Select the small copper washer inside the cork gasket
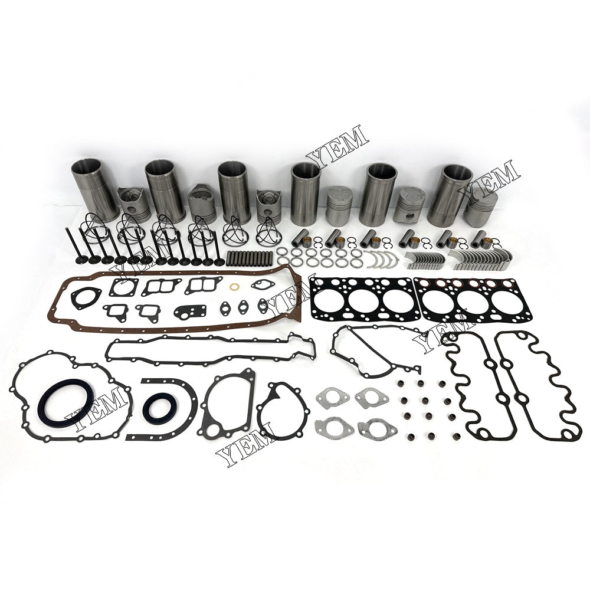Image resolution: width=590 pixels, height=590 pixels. (x=234, y=287)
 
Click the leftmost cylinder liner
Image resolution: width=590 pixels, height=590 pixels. (x=91, y=190)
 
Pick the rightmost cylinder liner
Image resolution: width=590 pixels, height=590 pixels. (x=450, y=196)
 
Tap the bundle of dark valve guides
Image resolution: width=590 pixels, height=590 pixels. (x=249, y=258)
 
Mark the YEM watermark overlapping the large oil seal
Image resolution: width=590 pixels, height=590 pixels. (x=97, y=408)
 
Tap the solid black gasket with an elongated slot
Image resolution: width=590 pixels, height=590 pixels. (x=190, y=312)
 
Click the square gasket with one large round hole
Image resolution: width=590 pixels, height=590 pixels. (x=123, y=288)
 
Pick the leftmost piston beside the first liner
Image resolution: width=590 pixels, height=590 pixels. (x=134, y=203)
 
